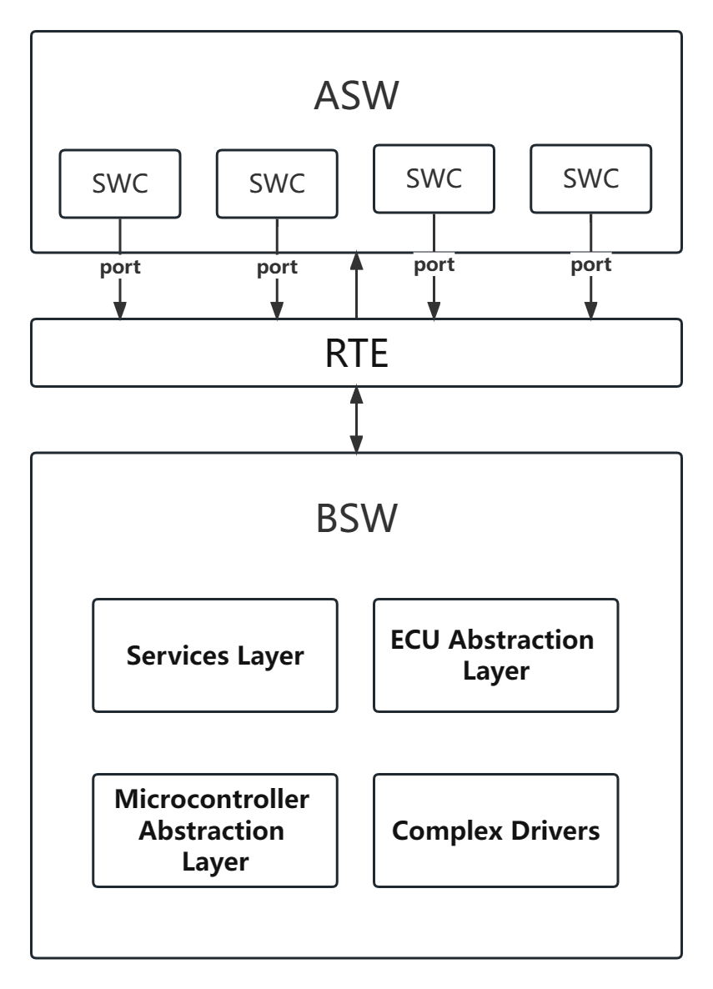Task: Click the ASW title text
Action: tap(356, 96)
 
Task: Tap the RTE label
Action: tap(356, 353)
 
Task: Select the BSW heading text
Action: tap(356, 520)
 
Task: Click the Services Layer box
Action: tap(215, 655)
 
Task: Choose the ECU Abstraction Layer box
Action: tap(495, 655)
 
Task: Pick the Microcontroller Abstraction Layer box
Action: tap(215, 830)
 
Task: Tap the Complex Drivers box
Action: tap(495, 830)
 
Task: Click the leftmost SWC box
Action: tap(119, 183)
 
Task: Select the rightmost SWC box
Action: tap(591, 178)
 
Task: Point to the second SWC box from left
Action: tap(277, 183)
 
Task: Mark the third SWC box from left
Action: tap(434, 178)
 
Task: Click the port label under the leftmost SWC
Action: tap(119, 268)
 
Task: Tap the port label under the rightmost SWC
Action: tap(591, 265)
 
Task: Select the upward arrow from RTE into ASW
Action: tap(357, 284)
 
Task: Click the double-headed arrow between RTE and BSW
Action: tap(357, 419)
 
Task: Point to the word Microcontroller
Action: tap(212, 799)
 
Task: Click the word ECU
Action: tap(416, 640)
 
